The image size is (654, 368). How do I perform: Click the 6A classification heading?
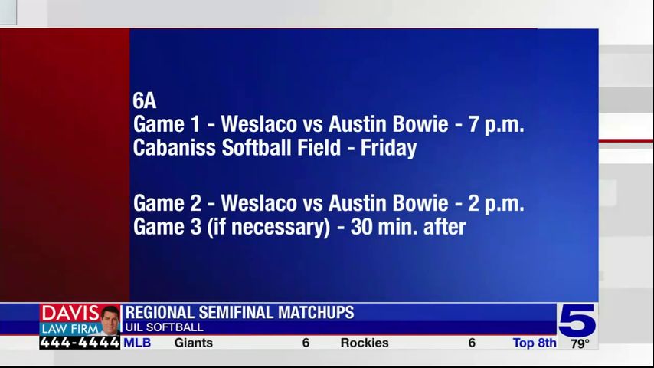(x=144, y=100)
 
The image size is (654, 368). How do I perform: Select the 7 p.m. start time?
(x=496, y=124)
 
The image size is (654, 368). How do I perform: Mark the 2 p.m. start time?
(x=496, y=204)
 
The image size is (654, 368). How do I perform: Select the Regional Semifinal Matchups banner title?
(x=240, y=313)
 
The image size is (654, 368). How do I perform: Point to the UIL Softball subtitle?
(x=164, y=327)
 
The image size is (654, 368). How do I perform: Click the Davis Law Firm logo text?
(x=70, y=320)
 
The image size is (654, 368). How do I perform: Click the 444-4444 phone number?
(x=80, y=343)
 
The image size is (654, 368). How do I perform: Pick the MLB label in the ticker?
(x=138, y=343)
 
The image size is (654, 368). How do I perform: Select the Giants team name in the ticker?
(x=193, y=343)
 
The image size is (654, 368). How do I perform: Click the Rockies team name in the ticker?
(x=365, y=343)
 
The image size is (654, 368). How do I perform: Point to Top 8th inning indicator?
(x=535, y=343)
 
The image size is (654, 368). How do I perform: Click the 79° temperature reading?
(x=580, y=343)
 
